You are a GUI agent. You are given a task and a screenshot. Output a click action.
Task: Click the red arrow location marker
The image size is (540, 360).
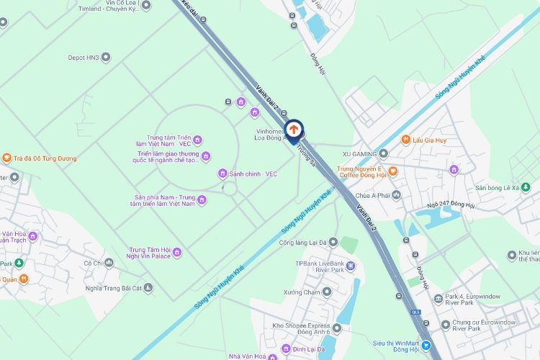click(294, 129)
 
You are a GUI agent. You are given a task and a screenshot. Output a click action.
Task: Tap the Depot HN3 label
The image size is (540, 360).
click(84, 57)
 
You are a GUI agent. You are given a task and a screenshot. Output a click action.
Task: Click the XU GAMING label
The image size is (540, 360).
click(360, 153)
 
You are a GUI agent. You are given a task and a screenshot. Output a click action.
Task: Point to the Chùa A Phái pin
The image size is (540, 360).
click(397, 195)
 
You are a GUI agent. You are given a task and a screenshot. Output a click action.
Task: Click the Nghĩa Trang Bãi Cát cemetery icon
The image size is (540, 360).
click(148, 288)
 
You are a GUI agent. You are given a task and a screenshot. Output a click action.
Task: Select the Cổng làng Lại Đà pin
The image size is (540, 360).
click(341, 243)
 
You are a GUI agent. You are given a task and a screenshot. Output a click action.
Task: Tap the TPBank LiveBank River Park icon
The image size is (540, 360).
click(350, 266)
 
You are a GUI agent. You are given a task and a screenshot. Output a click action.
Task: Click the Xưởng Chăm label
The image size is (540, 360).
click(301, 292)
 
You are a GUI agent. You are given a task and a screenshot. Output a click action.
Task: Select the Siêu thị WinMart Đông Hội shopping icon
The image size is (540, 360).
click(426, 347)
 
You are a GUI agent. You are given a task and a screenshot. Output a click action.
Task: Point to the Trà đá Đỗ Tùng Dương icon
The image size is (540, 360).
click(7, 158)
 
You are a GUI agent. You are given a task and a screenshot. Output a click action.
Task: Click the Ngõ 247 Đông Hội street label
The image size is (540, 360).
click(451, 205)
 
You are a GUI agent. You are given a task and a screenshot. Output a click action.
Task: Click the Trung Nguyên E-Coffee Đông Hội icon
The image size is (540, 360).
click(393, 170)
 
